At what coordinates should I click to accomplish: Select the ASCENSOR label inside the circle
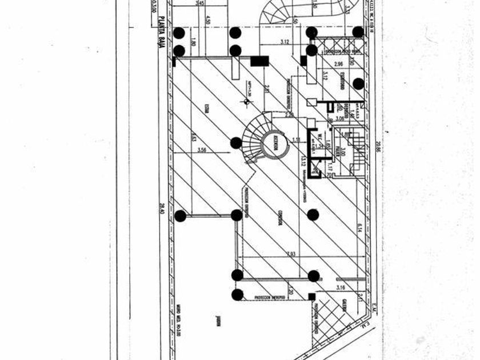point(275,146)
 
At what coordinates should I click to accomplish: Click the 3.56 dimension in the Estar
point(201,150)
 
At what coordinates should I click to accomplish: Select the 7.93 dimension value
point(291,254)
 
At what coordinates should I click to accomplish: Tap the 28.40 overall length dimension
point(162,209)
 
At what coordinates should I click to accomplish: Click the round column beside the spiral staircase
point(235,143)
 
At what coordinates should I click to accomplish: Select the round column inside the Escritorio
point(358,83)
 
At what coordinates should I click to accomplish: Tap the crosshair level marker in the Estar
point(246,102)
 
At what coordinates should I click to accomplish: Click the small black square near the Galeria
point(311,296)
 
